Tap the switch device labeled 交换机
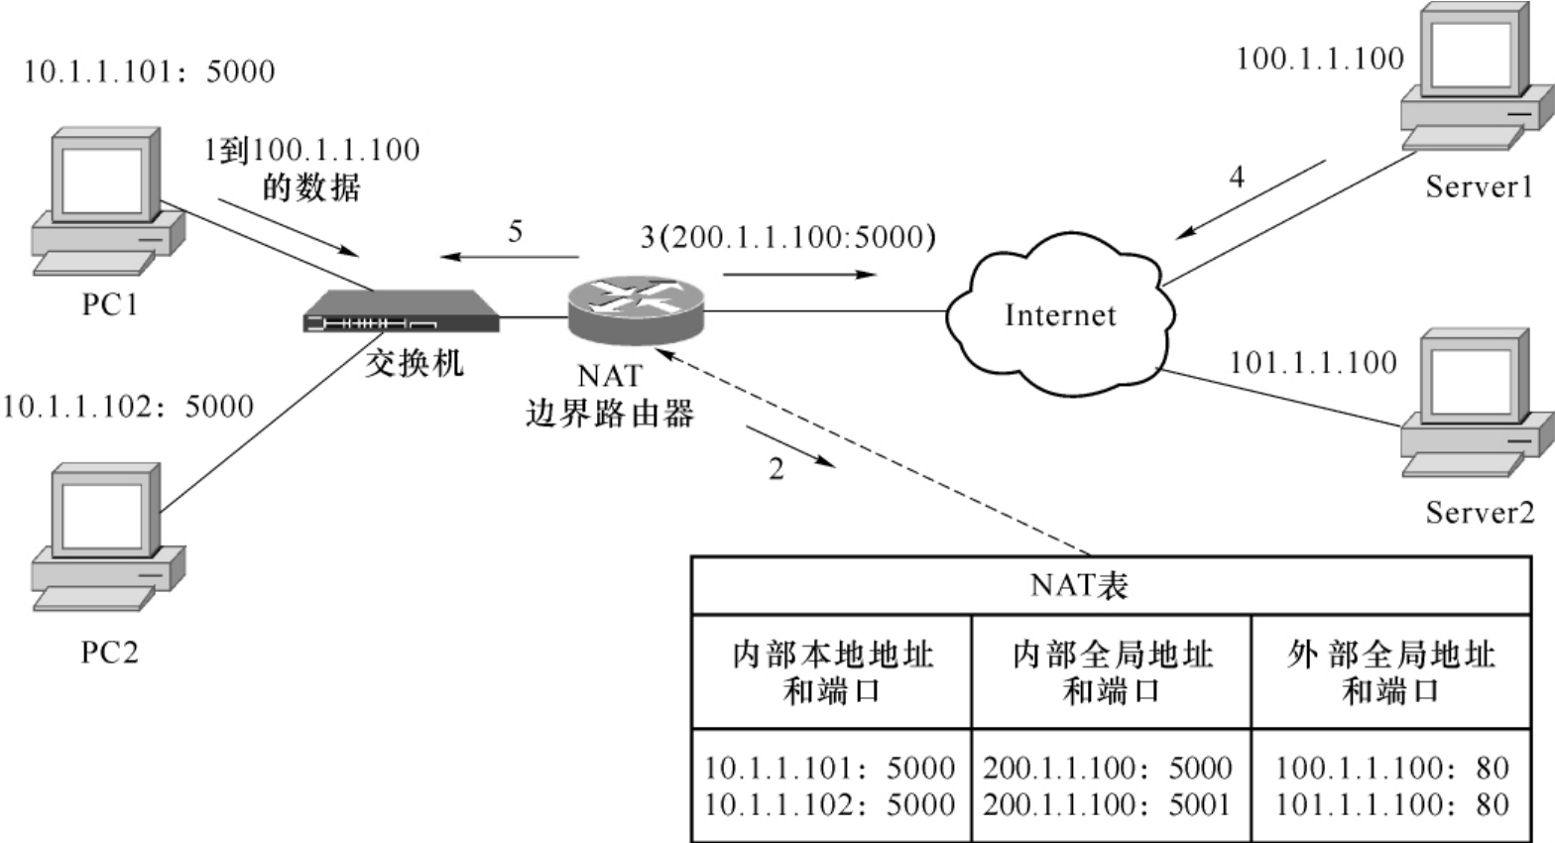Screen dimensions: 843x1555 click(x=401, y=311)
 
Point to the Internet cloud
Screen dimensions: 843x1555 click(x=1059, y=315)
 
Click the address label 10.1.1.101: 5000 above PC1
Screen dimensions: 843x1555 click(x=149, y=71)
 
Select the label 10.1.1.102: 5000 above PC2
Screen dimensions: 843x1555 click(x=128, y=407)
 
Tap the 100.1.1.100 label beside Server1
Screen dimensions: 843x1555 click(x=1320, y=59)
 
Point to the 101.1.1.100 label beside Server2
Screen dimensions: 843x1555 click(x=1313, y=363)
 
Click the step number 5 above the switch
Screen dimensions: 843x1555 click(x=515, y=232)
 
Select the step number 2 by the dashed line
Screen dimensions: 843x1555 click(x=777, y=469)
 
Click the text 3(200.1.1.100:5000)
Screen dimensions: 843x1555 click(x=787, y=238)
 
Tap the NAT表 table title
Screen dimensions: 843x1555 click(x=1079, y=585)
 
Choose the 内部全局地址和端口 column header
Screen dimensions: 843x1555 click(x=1112, y=672)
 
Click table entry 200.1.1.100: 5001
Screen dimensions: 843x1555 click(x=1108, y=804)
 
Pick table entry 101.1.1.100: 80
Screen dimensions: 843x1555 click(x=1391, y=804)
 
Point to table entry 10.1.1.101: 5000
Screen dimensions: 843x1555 click(x=829, y=768)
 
